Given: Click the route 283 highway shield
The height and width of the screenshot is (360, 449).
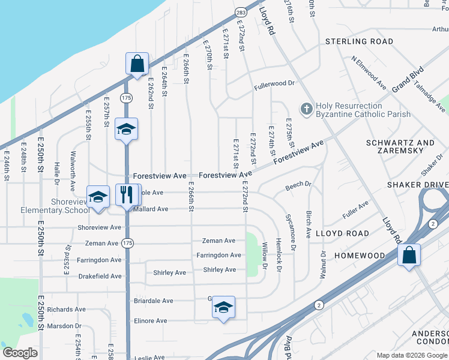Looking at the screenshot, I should point(240,11).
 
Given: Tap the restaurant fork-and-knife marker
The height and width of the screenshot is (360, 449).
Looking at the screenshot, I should point(126,194).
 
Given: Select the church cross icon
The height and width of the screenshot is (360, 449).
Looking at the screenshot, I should point(306,109).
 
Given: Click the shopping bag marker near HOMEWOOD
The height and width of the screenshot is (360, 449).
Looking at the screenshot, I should point(409,254).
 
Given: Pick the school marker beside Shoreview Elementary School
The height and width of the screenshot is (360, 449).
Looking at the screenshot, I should point(98,196).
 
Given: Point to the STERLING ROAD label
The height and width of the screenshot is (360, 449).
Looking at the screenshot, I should point(359,41).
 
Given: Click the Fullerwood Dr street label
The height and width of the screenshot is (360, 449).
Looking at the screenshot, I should point(274,83).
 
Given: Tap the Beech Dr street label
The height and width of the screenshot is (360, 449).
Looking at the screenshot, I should point(298,186).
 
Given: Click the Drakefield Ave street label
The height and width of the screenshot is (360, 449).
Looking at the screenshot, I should point(100,277).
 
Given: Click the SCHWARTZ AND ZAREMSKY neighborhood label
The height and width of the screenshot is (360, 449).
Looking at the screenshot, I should point(400,148).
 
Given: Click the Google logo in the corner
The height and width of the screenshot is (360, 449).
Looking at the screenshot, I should point(20,353).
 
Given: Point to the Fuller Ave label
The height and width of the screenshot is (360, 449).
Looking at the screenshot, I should point(355,209).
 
